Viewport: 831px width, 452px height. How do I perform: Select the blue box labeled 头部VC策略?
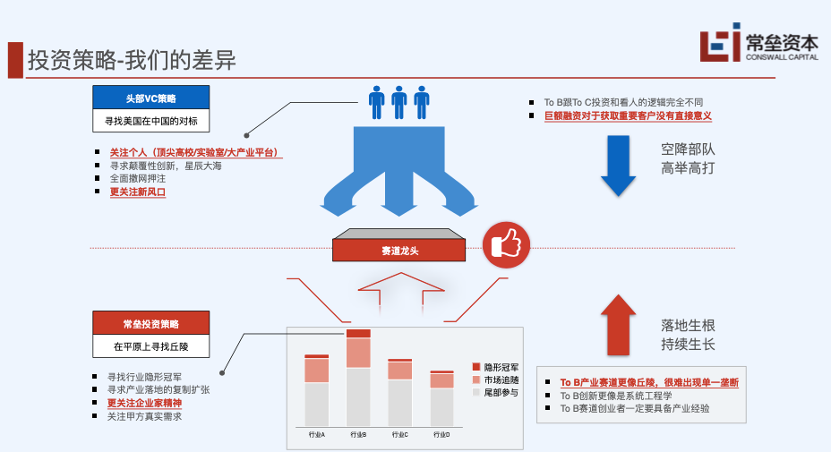coord(150,97)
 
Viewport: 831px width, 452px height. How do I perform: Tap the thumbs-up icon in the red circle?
coord(507,243)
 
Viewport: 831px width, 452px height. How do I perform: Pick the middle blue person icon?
coord(399,101)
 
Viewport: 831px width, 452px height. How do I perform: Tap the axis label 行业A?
coord(316,435)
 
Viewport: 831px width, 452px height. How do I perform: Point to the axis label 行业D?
coord(441,435)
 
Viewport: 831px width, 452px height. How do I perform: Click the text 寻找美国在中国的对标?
coord(150,120)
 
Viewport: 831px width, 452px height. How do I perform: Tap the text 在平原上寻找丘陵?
coord(150,346)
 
